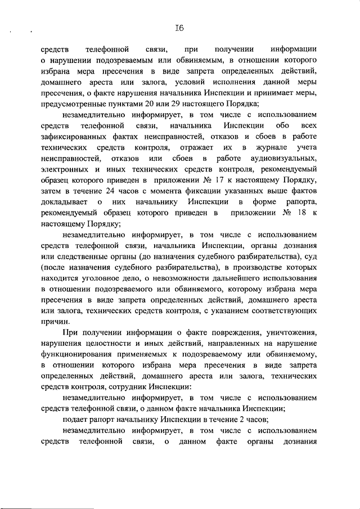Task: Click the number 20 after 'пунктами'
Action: (x=137, y=103)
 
